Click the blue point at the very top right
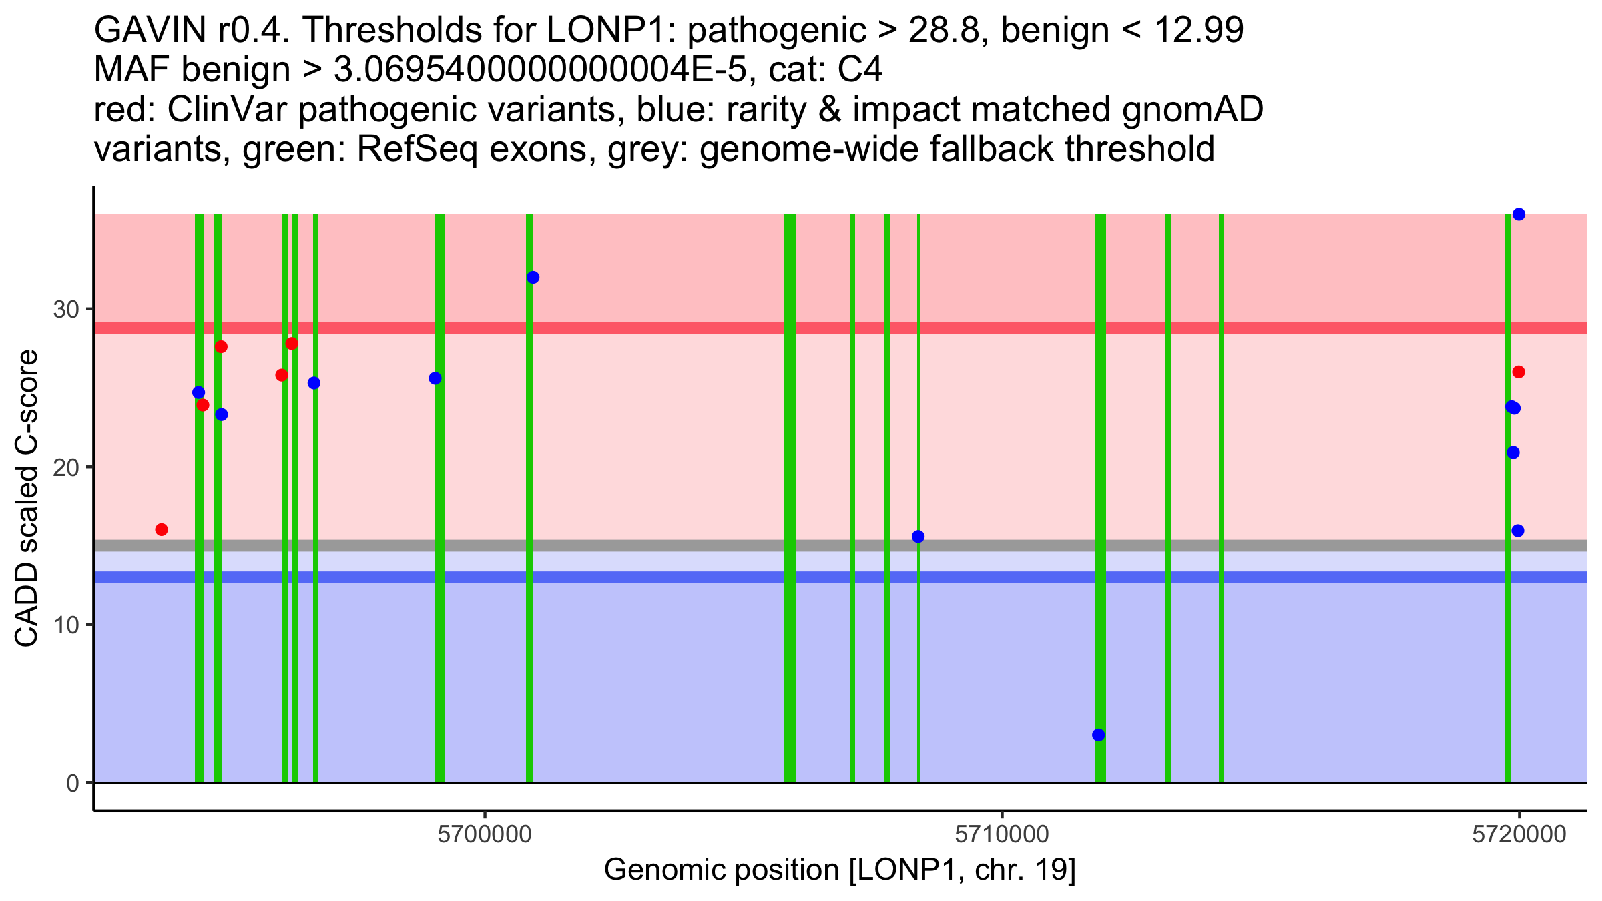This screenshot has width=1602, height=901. pos(1519,214)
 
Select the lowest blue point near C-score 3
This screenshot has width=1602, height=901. pos(1099,735)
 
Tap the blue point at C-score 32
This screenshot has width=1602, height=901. pos(533,278)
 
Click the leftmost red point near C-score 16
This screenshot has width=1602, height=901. pos(162,530)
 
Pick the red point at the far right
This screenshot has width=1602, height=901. pos(1519,372)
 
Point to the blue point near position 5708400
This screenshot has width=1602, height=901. pos(918,537)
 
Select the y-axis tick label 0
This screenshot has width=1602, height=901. pos(73,784)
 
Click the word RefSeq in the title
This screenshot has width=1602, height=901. pos(417,149)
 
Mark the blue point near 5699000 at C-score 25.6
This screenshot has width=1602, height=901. pos(435,378)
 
